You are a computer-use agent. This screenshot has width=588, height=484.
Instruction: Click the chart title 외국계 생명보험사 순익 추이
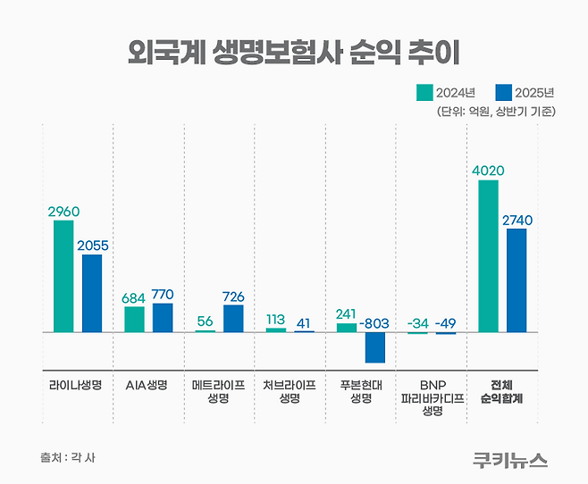click(x=294, y=51)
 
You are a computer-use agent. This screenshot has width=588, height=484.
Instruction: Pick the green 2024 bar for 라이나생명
click(x=63, y=276)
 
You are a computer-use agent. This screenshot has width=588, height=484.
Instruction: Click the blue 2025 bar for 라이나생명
click(x=92, y=293)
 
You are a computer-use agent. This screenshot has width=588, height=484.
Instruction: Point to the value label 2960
click(x=63, y=212)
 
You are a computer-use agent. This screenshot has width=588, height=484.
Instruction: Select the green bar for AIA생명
click(x=134, y=319)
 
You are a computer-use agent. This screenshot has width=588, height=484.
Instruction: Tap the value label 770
click(x=163, y=294)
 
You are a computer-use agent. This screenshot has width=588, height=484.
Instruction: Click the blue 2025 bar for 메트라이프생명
click(x=233, y=318)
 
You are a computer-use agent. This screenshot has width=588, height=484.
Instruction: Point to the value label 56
click(x=205, y=321)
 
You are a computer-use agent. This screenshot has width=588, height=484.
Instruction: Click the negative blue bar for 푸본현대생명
click(x=375, y=347)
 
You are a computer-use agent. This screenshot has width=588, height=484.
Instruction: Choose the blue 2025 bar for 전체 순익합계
click(x=517, y=280)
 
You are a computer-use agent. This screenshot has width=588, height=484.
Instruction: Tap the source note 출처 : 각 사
click(x=67, y=457)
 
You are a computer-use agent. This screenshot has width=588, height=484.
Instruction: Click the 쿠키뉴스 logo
click(x=510, y=459)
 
